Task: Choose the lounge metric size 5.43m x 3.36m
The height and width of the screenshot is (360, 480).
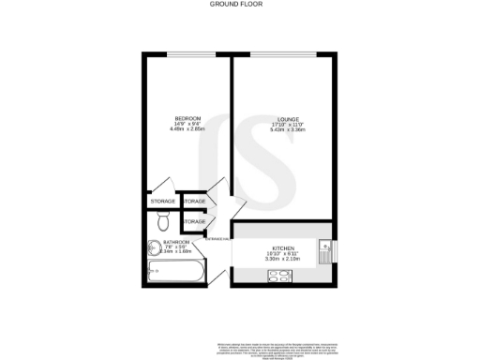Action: point(284,129)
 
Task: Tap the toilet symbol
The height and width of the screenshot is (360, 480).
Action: point(163,222)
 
